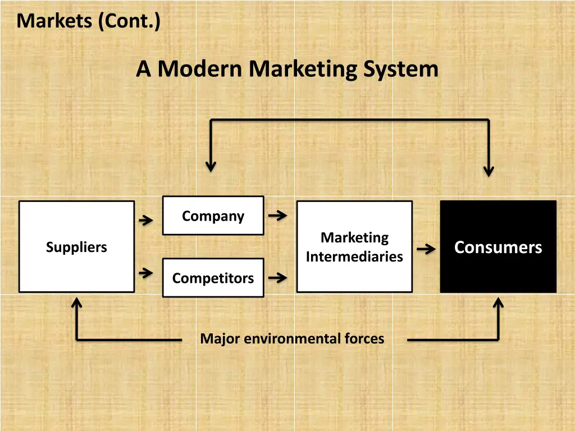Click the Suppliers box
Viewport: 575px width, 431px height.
76,247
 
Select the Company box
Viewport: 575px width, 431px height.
213,215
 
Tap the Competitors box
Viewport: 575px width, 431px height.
213,278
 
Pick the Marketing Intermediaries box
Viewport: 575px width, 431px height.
354,247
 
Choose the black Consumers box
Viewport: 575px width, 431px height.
498,247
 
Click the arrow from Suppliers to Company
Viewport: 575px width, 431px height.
146,221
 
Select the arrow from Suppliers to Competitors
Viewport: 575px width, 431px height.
146,273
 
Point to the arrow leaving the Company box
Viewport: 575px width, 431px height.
277,215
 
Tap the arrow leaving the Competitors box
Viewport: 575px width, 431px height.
277,277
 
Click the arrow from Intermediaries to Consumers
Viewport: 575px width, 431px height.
427,249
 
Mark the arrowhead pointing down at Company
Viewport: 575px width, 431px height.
211,166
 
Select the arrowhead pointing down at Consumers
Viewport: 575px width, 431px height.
489,171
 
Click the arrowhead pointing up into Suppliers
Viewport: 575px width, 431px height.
77,304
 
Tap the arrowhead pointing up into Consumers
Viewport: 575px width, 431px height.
498,304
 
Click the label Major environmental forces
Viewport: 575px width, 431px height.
292,339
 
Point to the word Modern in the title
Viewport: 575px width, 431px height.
201,70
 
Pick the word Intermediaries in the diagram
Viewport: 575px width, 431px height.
354,256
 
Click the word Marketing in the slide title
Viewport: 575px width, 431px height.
303,70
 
